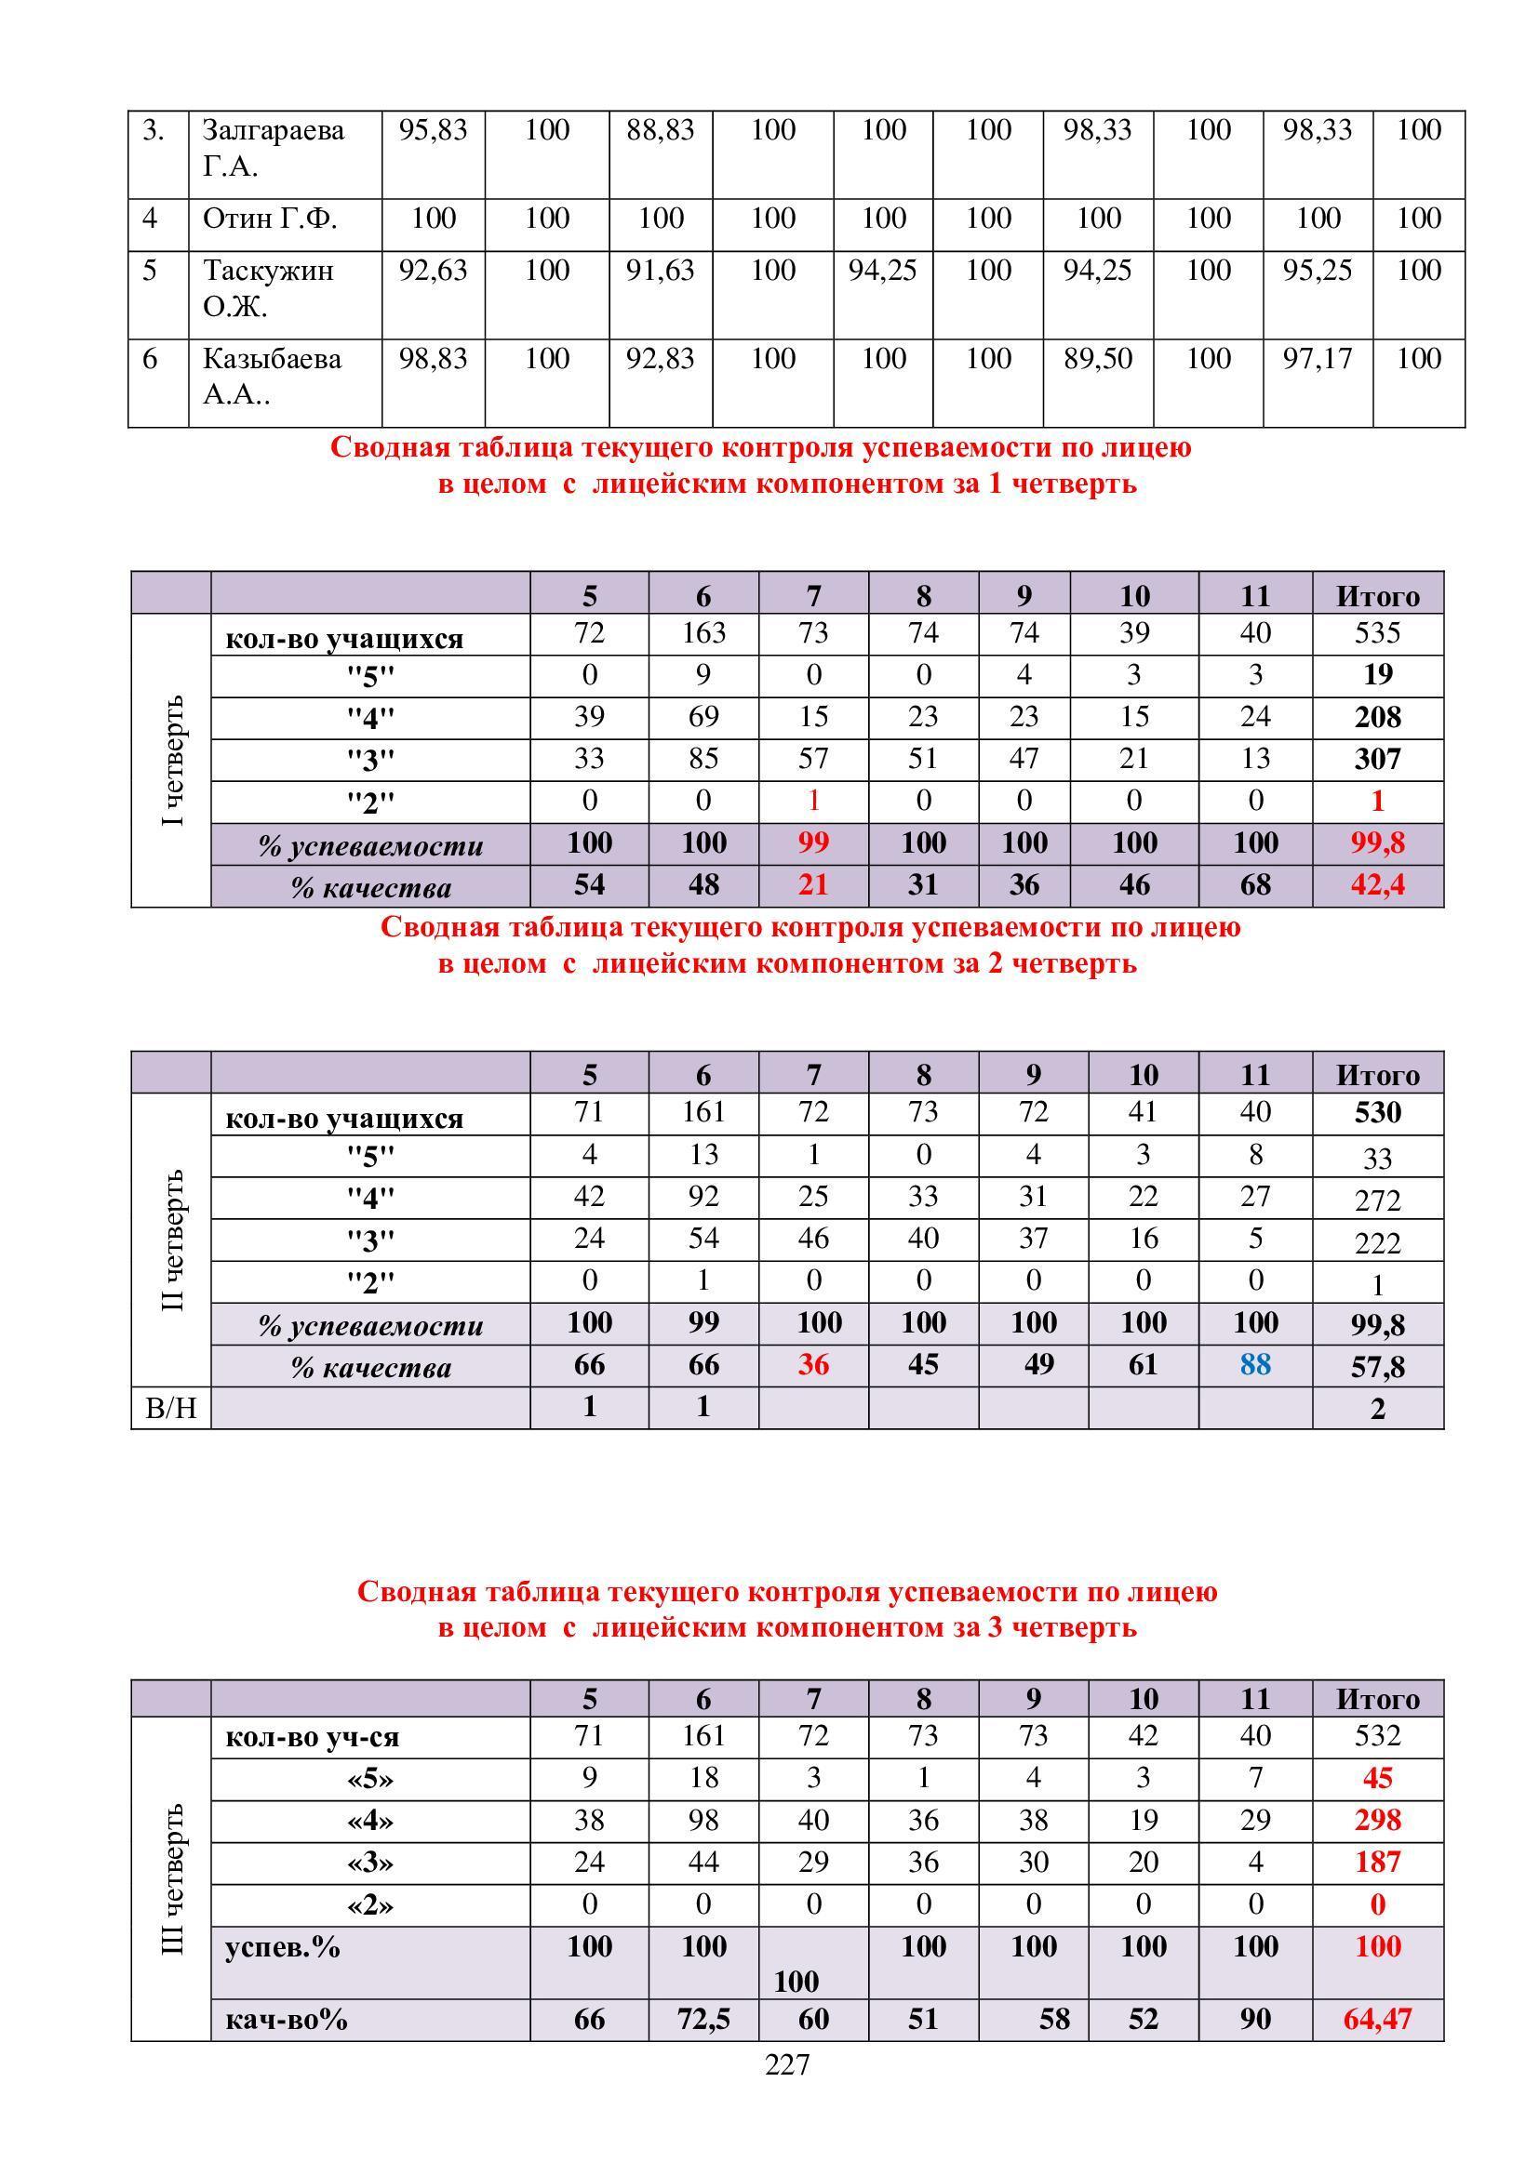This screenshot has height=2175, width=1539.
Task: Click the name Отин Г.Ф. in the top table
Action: pos(269,219)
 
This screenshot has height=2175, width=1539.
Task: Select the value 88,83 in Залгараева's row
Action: pos(660,130)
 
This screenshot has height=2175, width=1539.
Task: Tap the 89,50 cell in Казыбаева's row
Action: pos(1097,359)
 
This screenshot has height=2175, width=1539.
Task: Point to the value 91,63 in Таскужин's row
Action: pos(660,271)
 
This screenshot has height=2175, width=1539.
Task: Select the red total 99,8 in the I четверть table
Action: pos(1377,843)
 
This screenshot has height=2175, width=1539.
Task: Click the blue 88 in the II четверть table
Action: pos(1254,1364)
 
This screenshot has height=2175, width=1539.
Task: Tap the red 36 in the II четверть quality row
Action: pos(813,1365)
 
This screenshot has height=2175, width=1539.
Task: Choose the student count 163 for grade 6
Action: pos(703,633)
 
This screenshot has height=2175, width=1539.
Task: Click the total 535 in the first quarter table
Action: pos(1377,633)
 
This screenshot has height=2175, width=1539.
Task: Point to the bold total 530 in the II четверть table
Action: pos(1377,1112)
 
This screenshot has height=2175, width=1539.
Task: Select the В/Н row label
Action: pos(170,1409)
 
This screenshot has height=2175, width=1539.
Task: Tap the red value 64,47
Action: pos(1377,2019)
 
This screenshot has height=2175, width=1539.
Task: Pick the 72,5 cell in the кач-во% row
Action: pos(703,2019)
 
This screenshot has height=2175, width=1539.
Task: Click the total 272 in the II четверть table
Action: pos(1377,1201)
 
